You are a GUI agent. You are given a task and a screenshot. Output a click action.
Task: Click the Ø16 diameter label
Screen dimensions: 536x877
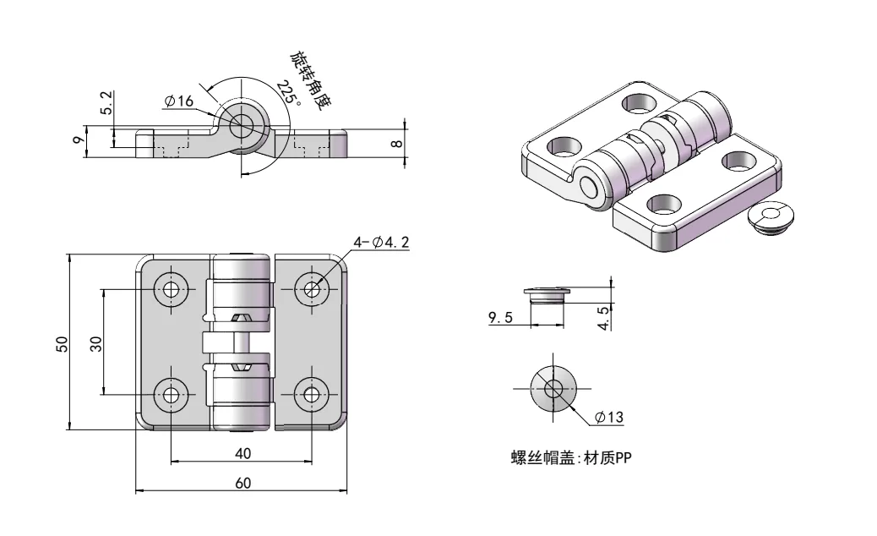tap(179, 101)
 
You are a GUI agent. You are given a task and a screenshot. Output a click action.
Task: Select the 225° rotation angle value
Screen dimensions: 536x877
tap(288, 93)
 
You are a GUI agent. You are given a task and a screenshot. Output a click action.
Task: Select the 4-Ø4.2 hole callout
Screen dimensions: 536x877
tap(381, 243)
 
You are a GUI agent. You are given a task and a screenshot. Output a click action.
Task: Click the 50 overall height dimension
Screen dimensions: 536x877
tap(62, 343)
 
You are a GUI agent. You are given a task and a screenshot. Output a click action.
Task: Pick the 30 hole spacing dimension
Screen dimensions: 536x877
tap(95, 342)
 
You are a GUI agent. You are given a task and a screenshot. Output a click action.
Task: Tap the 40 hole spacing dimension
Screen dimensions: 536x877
tap(242, 454)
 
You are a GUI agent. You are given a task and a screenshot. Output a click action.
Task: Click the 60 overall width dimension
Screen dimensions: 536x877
tap(242, 484)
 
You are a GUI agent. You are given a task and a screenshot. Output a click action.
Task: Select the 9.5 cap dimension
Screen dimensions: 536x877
tap(502, 318)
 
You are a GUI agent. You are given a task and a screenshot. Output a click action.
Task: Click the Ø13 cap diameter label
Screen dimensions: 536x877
tap(608, 417)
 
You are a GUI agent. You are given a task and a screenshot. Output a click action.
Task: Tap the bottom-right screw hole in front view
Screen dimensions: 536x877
tap(312, 393)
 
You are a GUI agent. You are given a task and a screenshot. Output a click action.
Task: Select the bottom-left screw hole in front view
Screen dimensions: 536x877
tap(172, 393)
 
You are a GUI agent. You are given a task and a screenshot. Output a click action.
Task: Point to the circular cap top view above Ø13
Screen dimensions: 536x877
tap(553, 389)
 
